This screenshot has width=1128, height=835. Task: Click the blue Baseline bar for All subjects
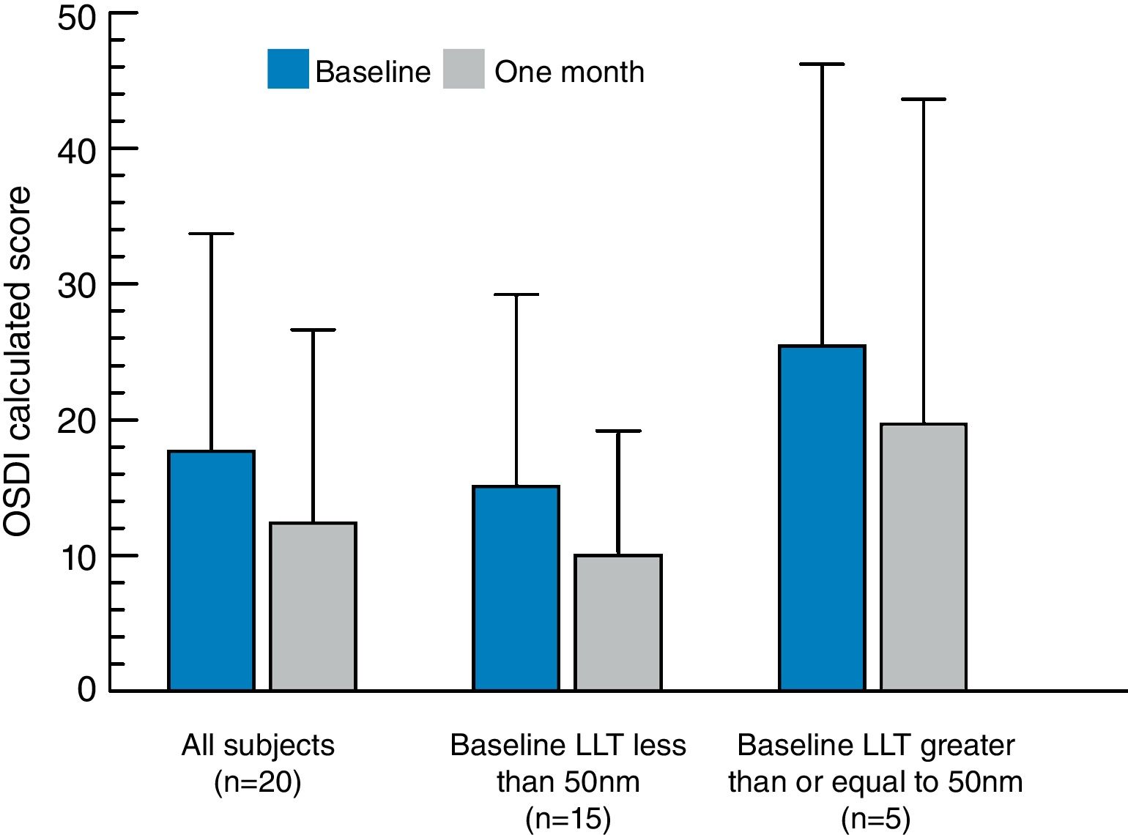[x=212, y=571]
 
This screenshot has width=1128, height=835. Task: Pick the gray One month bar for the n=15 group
[x=618, y=623]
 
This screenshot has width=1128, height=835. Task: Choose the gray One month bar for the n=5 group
[x=923, y=557]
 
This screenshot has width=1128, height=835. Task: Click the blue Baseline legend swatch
[x=288, y=69]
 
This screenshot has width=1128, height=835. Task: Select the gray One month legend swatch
[x=464, y=69]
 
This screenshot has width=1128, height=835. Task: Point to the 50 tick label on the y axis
[x=77, y=18]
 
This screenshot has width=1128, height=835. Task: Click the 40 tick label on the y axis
[x=77, y=152]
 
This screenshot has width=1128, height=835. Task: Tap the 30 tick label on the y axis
[x=77, y=286]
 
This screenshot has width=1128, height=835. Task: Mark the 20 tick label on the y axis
[x=77, y=422]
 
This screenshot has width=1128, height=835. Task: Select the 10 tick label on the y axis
[x=77, y=558]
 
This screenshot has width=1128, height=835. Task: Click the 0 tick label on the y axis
[x=87, y=689]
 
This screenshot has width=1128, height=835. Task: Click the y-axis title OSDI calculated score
[x=18, y=362]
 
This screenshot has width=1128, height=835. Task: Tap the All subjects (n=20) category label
[x=258, y=763]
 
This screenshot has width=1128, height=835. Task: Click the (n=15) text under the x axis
[x=568, y=818]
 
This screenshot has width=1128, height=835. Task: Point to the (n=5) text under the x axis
[x=875, y=818]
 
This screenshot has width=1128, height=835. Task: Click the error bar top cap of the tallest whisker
[x=822, y=64]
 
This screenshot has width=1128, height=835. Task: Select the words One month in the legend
[x=569, y=72]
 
